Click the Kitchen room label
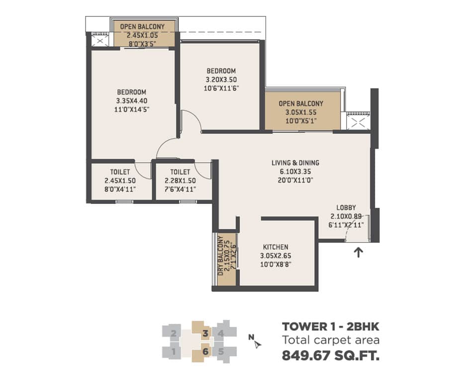(276, 247)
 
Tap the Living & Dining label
(295, 163)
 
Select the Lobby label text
(346, 207)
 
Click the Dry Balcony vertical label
(221, 256)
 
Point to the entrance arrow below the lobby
(358, 253)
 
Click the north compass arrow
(257, 345)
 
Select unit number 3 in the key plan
(205, 333)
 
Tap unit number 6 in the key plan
(205, 351)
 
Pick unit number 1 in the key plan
(173, 351)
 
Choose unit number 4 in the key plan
(221, 333)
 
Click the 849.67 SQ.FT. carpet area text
(331, 356)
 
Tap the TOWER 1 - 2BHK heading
(331, 326)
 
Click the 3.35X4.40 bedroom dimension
(132, 101)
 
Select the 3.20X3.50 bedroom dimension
(221, 80)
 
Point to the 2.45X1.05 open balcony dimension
(142, 35)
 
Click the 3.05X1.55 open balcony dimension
(301, 112)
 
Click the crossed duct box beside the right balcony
(358, 122)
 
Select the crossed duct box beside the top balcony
(99, 41)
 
